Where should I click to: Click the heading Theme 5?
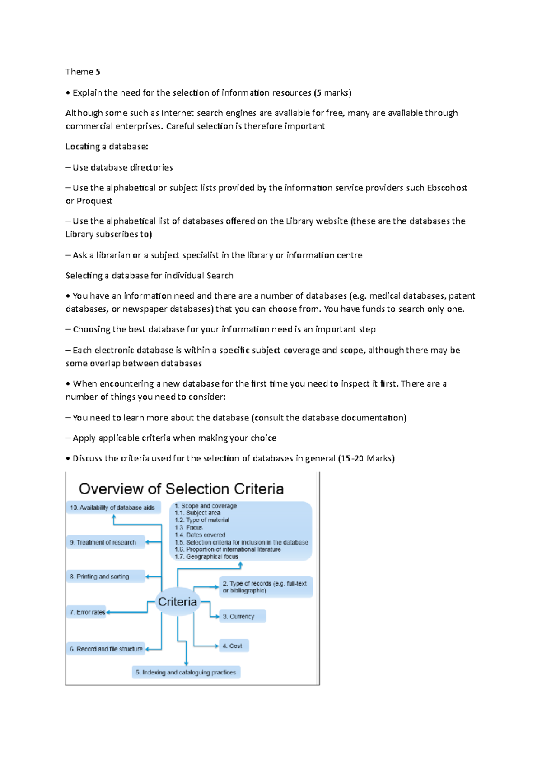click(x=83, y=72)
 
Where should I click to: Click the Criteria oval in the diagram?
click(x=178, y=602)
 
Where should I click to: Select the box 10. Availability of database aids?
click(x=113, y=508)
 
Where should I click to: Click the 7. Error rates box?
click(x=87, y=612)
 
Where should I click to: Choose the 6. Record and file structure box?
click(x=106, y=649)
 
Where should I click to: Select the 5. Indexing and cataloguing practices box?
click(x=186, y=672)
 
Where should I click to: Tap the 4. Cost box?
click(x=233, y=646)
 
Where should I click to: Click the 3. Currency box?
click(x=242, y=616)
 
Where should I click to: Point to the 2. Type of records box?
click(x=266, y=587)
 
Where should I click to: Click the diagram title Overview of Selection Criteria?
click(x=181, y=489)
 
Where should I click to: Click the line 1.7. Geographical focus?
click(x=207, y=557)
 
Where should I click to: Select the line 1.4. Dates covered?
click(x=200, y=535)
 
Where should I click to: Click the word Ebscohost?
click(x=447, y=188)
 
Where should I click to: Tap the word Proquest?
click(x=94, y=201)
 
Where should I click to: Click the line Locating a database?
click(x=107, y=147)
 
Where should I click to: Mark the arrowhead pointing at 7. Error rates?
click(x=108, y=612)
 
